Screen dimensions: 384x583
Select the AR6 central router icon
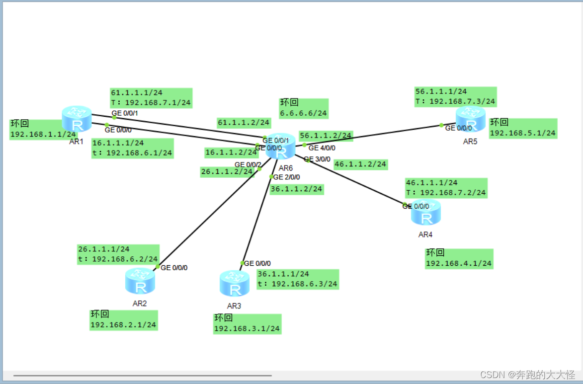(x=280, y=148)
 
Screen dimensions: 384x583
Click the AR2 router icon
(x=140, y=281)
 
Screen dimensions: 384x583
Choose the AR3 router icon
(x=234, y=284)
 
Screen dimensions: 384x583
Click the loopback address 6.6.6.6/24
(x=303, y=113)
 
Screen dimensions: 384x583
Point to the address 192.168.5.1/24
(x=522, y=133)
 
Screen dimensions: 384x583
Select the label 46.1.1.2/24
(x=360, y=164)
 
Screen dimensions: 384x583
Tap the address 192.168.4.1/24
(x=459, y=264)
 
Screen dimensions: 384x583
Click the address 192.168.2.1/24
(x=123, y=325)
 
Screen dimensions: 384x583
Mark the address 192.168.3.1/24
(x=247, y=329)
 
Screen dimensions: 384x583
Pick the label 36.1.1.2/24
(x=296, y=189)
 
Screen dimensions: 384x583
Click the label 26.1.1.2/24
(x=227, y=172)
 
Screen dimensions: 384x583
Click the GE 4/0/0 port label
(x=322, y=148)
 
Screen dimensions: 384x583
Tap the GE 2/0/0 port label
(x=286, y=177)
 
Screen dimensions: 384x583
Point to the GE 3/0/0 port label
(x=317, y=159)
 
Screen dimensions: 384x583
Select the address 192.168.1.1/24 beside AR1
(x=43, y=134)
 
